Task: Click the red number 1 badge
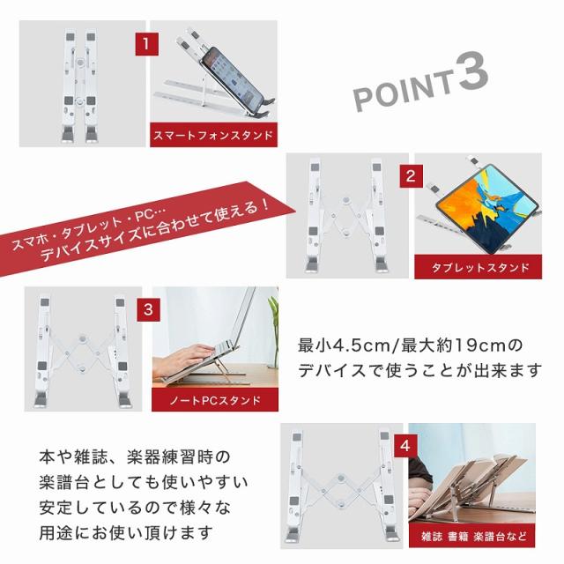click(x=147, y=44)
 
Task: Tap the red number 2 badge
click(x=412, y=176)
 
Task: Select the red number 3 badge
click(x=148, y=309)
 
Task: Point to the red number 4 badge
click(x=405, y=446)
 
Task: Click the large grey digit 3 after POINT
click(x=472, y=72)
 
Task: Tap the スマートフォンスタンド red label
click(x=213, y=135)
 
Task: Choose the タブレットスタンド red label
click(x=478, y=267)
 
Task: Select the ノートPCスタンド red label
click(x=215, y=399)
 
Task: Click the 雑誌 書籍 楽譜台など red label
click(x=472, y=536)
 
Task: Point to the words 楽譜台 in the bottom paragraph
click(x=64, y=482)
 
